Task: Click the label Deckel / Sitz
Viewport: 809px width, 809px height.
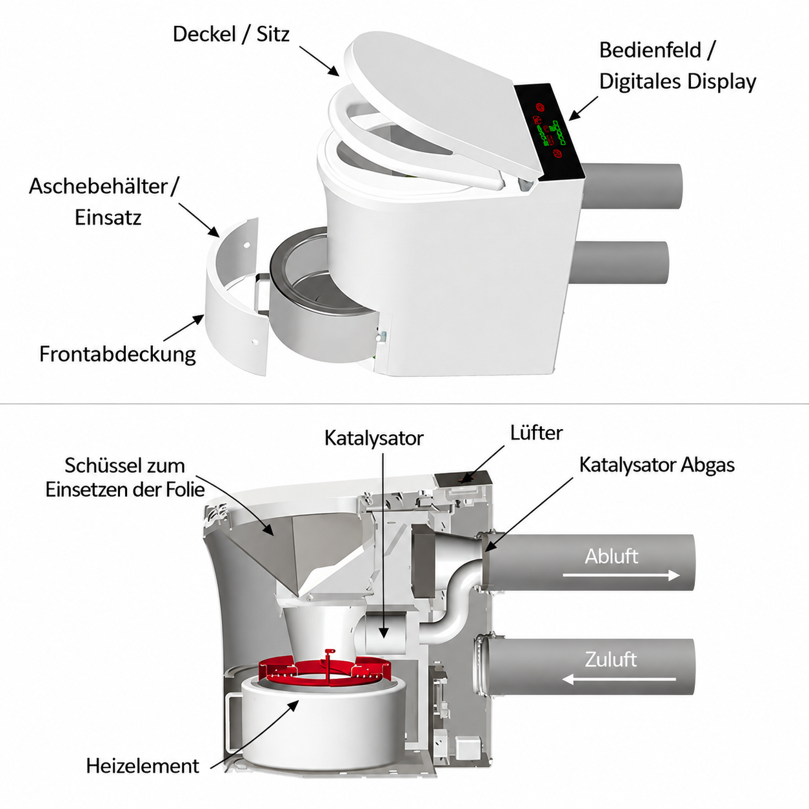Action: (231, 34)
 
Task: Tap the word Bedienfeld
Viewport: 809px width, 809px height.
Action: (650, 50)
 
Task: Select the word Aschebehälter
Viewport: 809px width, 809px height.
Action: (98, 186)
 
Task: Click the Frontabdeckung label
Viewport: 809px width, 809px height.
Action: (117, 354)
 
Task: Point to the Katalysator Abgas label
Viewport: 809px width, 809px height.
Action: (657, 464)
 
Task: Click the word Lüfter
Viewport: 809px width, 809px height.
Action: (537, 433)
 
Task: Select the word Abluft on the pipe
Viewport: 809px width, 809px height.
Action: (611, 556)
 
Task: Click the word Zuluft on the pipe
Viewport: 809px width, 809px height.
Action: (611, 659)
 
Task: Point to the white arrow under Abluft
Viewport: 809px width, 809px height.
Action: (621, 575)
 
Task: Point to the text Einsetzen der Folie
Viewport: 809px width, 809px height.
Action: (125, 490)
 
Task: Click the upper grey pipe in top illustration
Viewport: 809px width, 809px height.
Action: (632, 187)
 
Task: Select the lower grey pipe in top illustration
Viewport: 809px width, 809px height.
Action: (621, 263)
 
